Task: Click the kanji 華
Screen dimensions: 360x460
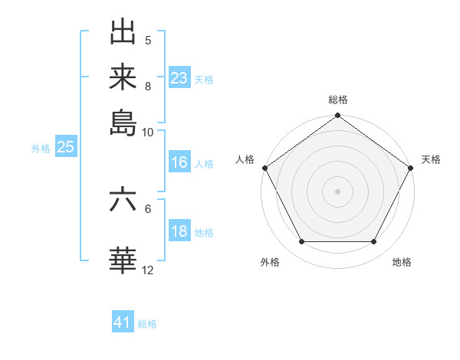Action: click(x=123, y=260)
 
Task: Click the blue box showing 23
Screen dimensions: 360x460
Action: click(x=179, y=78)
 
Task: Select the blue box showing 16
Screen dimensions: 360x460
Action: click(x=179, y=163)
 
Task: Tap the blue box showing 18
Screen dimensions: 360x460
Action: click(x=179, y=232)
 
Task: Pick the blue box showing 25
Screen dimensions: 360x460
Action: click(x=65, y=148)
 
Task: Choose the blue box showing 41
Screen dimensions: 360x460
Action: click(x=123, y=323)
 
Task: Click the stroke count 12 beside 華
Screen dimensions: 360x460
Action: click(x=148, y=270)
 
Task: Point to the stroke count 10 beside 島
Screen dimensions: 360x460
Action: click(x=148, y=132)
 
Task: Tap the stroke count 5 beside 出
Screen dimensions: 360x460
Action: click(x=148, y=40)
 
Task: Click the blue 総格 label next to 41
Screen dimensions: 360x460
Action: click(x=147, y=324)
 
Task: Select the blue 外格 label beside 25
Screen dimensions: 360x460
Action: click(x=41, y=149)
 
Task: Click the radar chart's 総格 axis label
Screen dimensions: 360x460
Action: click(x=337, y=100)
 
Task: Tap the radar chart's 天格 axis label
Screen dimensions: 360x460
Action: click(x=431, y=159)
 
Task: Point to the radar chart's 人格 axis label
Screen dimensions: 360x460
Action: click(x=245, y=159)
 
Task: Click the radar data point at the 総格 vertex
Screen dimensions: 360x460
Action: click(x=337, y=116)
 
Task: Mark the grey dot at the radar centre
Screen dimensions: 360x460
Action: click(x=337, y=191)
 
